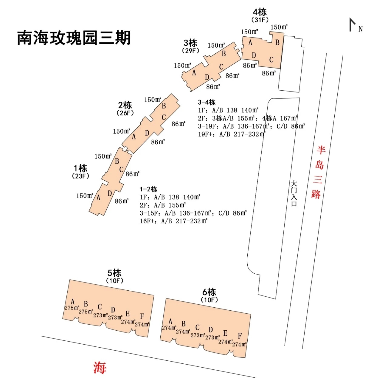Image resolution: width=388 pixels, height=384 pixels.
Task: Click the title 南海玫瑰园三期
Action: (74, 38)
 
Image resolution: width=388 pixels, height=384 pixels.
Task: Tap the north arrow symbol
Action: (353, 25)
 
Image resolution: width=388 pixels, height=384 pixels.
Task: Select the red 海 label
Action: (100, 367)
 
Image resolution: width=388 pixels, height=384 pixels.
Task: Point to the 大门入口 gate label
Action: (294, 193)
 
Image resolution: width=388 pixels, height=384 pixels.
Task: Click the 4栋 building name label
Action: (260, 12)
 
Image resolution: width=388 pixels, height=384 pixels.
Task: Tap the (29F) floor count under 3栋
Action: (190, 51)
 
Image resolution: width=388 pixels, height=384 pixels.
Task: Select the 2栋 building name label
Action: (125, 105)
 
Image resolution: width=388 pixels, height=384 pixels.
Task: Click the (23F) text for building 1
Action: (81, 176)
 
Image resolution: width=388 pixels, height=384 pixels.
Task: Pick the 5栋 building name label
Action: (114, 273)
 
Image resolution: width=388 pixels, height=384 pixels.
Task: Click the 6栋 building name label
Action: (209, 292)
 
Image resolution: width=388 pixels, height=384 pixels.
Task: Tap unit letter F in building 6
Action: (240, 336)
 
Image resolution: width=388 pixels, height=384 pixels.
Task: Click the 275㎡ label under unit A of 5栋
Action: (72, 308)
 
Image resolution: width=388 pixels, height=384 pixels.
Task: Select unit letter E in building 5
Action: (127, 314)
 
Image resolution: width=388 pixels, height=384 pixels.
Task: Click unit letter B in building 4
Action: (277, 42)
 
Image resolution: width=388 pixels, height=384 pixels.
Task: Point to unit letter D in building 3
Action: (207, 77)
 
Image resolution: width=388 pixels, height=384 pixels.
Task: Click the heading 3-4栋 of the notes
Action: (207, 102)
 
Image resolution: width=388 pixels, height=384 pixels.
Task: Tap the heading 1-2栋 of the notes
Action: (149, 189)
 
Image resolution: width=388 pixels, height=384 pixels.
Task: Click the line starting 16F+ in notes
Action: (173, 221)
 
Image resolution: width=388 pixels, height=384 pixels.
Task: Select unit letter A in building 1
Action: (98, 198)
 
